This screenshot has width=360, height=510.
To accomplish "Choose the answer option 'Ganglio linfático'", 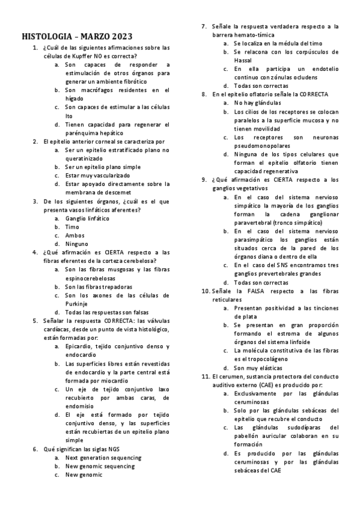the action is click(87, 218).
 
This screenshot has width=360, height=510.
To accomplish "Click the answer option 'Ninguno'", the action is click(78, 244).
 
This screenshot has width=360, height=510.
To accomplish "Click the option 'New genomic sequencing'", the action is click(100, 466).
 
